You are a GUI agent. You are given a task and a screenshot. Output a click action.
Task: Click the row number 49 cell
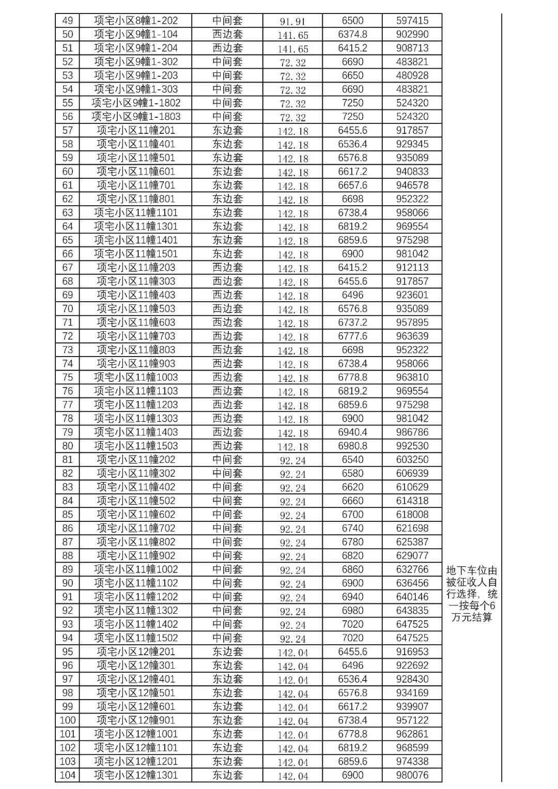67,21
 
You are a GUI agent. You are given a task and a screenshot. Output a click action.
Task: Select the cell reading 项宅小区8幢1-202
136,21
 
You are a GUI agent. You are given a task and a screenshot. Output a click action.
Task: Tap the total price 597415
412,21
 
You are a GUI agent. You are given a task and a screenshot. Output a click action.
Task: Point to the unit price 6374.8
352,34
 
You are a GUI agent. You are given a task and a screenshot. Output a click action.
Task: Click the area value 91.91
292,21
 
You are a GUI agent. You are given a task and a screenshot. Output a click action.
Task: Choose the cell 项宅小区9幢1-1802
136,103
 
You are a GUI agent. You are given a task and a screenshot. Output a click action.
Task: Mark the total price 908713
412,48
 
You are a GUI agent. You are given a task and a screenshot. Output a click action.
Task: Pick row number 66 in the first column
67,254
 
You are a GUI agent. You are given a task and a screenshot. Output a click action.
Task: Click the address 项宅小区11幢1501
136,254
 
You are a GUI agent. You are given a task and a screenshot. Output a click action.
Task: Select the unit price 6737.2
352,322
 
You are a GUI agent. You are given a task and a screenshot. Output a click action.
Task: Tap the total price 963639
412,336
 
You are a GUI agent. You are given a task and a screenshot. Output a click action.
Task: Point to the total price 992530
412,445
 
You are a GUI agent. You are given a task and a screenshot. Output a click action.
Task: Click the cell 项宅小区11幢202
136,459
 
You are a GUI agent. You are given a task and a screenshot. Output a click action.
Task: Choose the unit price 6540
352,459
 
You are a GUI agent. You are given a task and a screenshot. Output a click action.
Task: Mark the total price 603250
412,459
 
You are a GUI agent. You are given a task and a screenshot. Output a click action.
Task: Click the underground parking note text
472,594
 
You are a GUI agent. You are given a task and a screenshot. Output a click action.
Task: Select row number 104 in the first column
67,775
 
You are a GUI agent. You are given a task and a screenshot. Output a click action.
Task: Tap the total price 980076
412,775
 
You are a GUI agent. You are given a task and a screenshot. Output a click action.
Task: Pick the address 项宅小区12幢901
136,720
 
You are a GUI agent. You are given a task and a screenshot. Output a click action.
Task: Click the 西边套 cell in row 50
227,34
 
